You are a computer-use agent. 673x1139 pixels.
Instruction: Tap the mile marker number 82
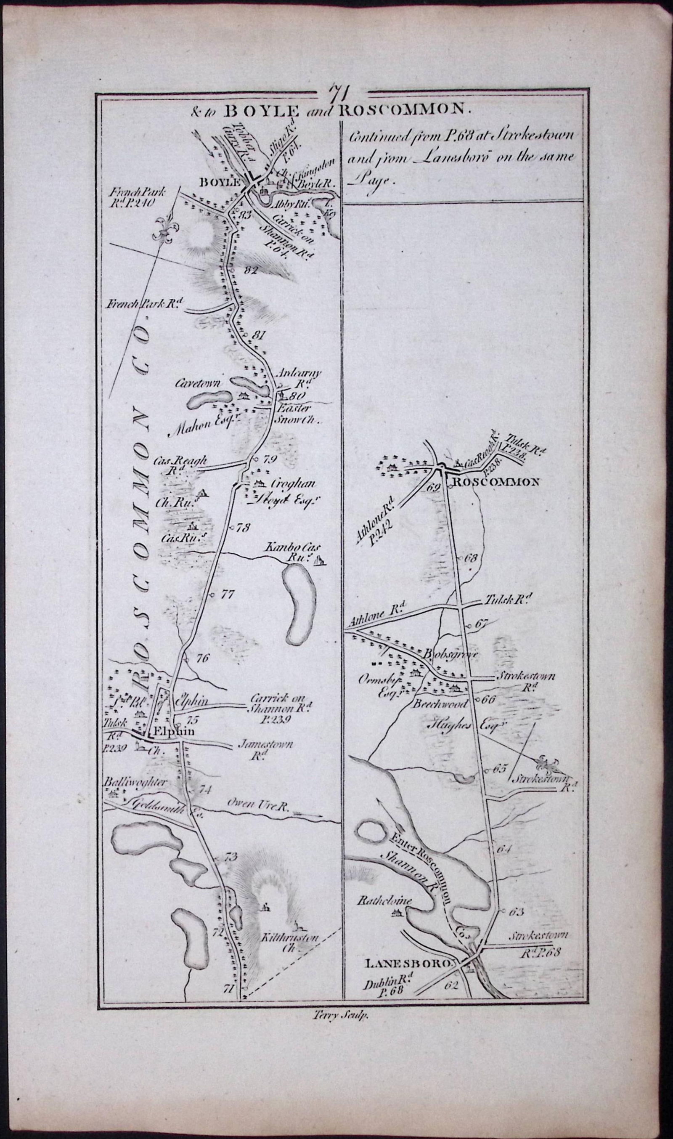[x=250, y=271]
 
